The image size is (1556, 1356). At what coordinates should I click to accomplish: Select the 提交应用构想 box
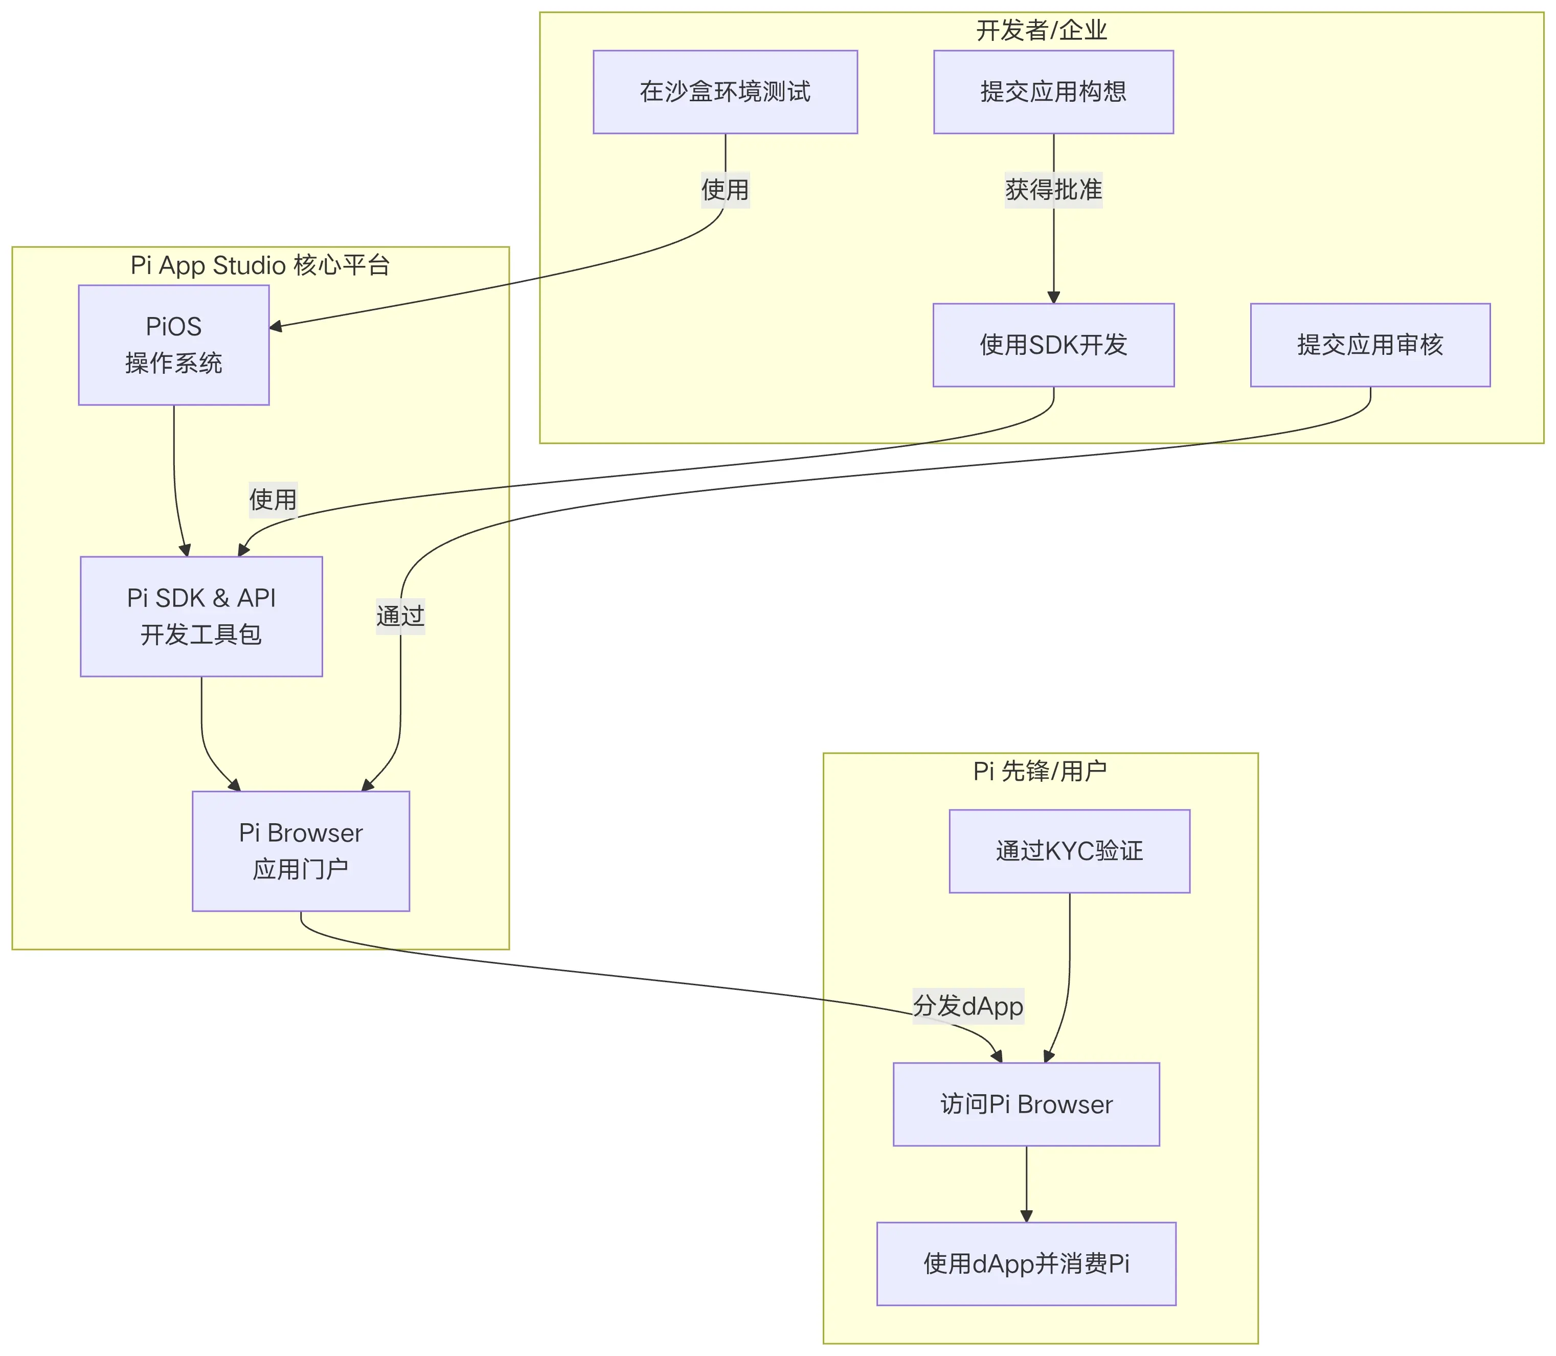point(1053,92)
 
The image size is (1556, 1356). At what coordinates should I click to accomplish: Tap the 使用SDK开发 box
point(1053,345)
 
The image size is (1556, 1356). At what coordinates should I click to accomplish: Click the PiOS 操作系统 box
point(173,345)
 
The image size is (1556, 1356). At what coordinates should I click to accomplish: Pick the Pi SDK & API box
point(201,616)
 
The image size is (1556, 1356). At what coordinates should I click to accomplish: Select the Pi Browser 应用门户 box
point(301,850)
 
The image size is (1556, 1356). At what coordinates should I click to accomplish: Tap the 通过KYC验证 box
point(1069,850)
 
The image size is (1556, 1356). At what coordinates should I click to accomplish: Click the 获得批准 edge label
point(1053,189)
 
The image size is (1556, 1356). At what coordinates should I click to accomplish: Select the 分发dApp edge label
point(967,1006)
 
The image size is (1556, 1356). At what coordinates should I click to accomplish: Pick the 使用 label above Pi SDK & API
point(273,500)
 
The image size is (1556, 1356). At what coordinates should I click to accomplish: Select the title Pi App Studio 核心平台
point(260,265)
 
